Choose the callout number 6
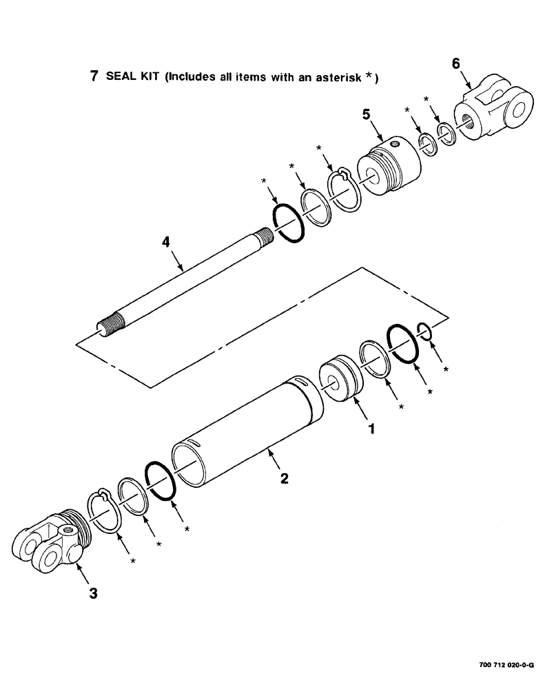click(455, 63)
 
